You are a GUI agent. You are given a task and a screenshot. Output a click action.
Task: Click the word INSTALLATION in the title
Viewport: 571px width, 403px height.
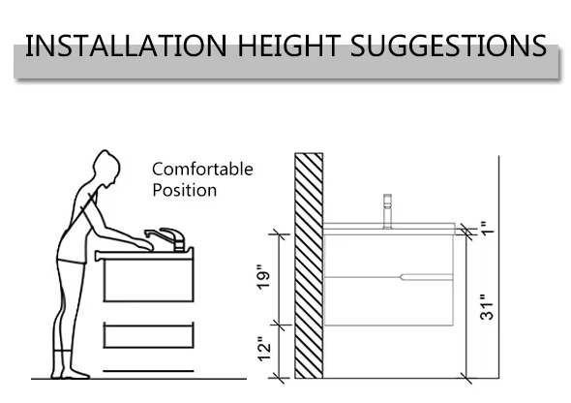click(126, 46)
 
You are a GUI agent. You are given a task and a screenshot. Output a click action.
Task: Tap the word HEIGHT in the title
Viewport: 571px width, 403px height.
click(289, 46)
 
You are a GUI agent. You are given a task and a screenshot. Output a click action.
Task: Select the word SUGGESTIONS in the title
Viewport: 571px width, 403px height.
click(449, 46)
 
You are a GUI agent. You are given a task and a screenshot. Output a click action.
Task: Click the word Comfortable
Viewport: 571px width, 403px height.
click(202, 170)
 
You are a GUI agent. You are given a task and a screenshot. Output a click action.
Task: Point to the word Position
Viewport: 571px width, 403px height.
click(184, 190)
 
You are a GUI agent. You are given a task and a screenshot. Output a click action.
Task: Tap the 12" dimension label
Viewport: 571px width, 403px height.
click(265, 349)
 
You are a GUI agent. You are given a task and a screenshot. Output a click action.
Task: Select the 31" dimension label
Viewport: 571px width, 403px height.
click(487, 307)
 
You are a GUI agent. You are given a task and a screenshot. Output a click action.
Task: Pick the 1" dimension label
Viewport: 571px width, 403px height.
click(487, 228)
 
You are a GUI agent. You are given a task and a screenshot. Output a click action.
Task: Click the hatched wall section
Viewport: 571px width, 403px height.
click(309, 265)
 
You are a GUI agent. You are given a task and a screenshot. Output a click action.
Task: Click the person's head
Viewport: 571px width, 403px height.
click(106, 169)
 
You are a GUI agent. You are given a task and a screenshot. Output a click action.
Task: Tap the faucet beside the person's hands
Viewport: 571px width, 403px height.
click(167, 239)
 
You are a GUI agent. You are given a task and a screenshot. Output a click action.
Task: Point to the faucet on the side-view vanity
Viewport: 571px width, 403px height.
click(387, 211)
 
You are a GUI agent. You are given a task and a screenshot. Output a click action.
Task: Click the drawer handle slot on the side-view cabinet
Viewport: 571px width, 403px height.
click(427, 277)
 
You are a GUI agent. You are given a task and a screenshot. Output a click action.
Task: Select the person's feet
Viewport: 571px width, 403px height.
click(70, 372)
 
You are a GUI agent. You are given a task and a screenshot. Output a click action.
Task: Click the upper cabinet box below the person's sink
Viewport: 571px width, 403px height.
click(149, 279)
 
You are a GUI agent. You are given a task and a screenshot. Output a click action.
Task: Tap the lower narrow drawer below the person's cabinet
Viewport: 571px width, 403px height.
click(149, 335)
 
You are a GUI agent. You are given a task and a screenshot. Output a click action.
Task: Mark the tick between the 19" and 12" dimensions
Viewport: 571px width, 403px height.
click(281, 325)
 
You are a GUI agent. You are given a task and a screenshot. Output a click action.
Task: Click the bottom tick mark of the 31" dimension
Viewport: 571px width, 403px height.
click(466, 378)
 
